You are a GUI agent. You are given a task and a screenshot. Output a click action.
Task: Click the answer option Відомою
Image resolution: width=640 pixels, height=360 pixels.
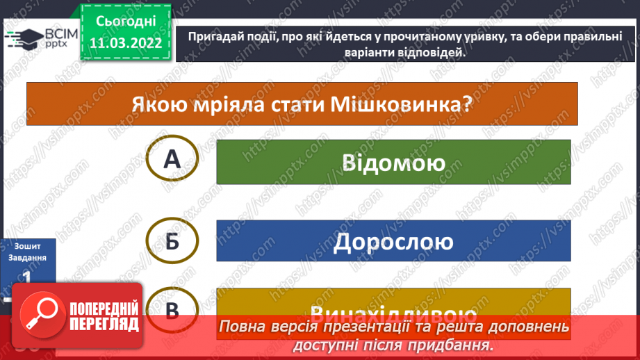(393, 162)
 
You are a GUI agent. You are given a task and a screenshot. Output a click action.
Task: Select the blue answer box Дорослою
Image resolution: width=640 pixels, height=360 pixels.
(393, 241)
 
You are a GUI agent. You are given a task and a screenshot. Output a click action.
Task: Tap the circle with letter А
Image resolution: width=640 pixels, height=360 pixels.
(172, 160)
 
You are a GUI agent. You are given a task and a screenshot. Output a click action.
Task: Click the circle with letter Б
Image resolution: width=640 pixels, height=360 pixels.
(172, 240)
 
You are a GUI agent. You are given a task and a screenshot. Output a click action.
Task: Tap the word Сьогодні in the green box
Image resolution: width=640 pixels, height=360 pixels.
(126, 23)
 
